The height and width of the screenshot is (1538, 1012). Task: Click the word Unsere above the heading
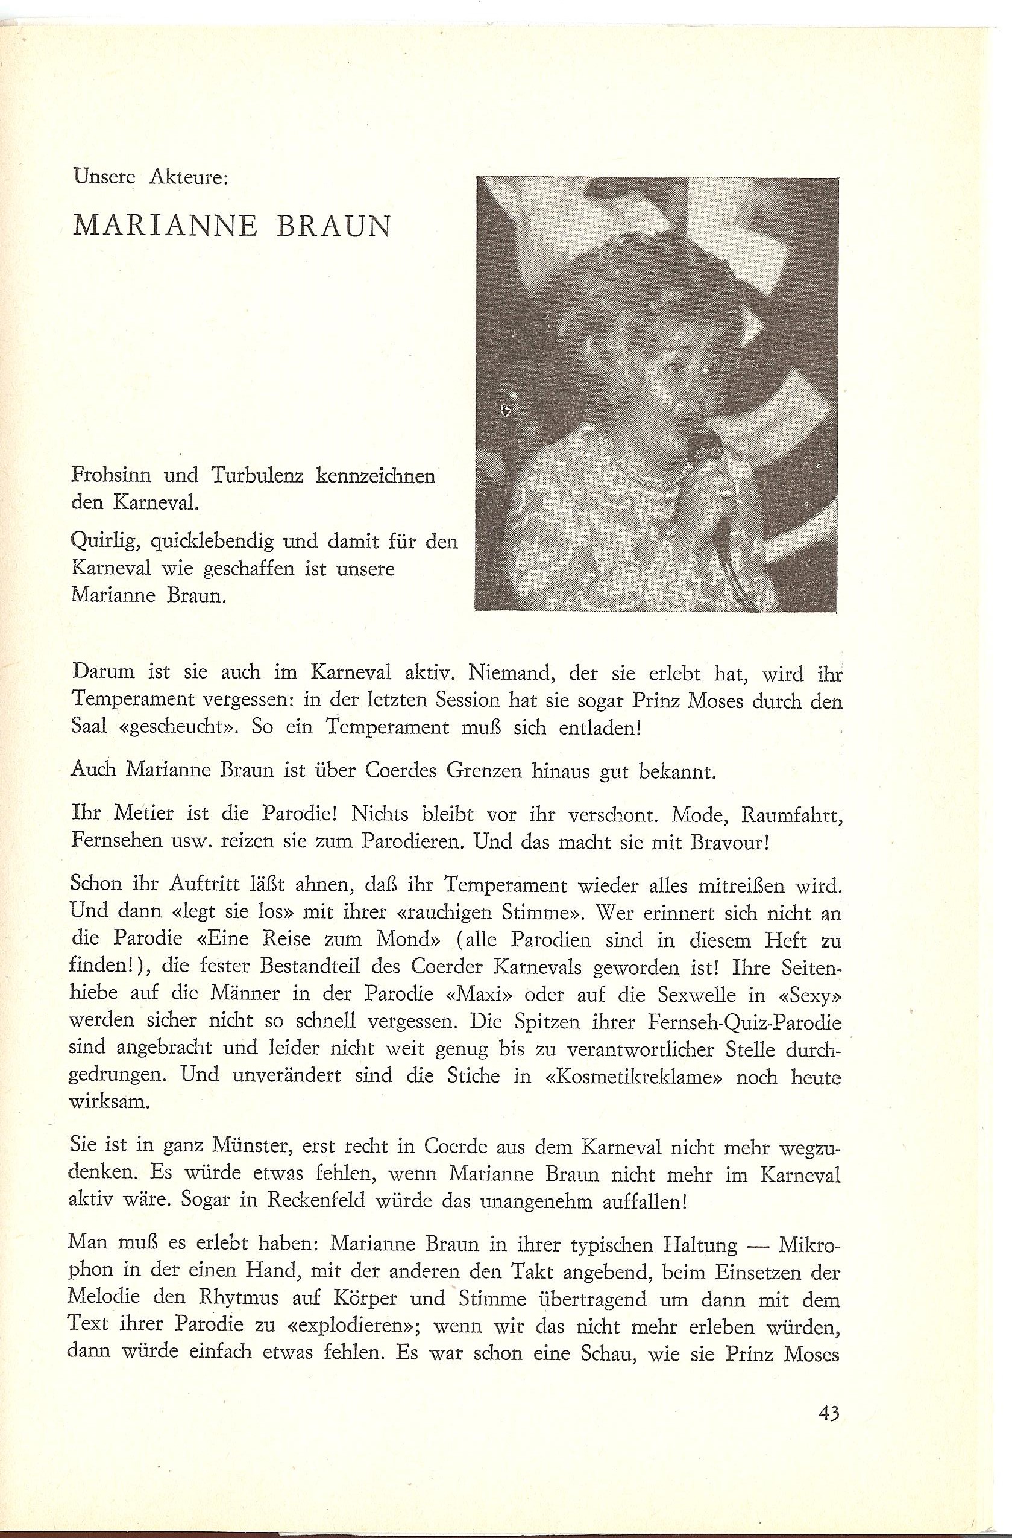(x=104, y=177)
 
